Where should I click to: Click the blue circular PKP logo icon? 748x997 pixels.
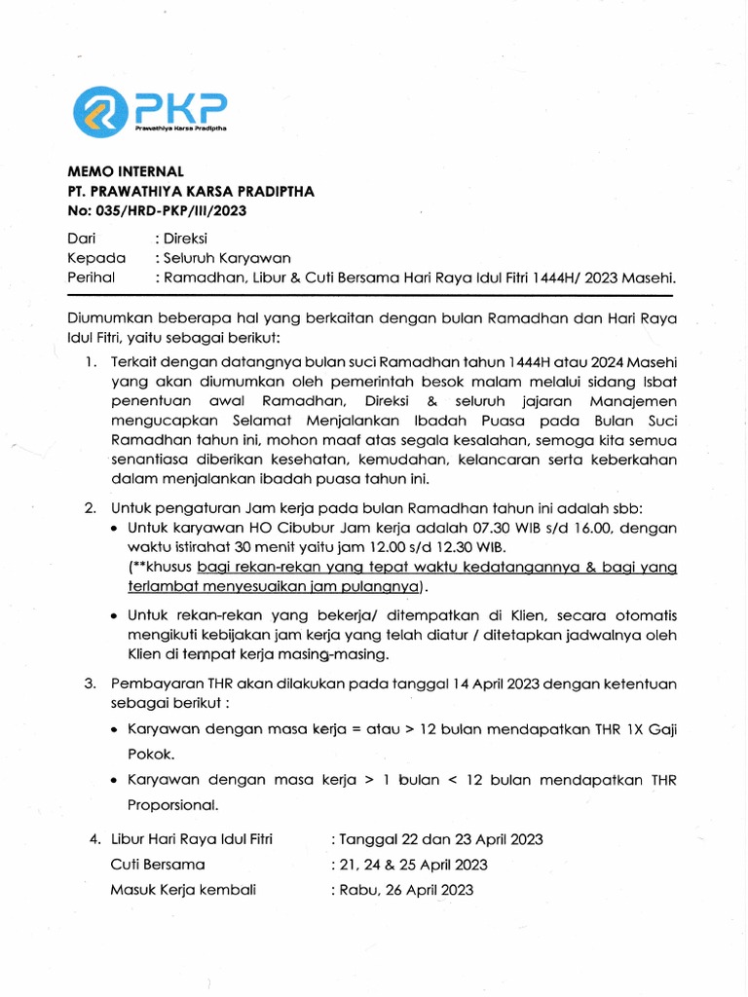pyautogui.click(x=98, y=111)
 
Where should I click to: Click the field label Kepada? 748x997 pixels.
pyautogui.click(x=96, y=257)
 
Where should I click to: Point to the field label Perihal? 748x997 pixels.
pyautogui.click(x=91, y=277)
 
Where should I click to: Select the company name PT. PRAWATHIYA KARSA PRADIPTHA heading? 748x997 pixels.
pyautogui.click(x=191, y=192)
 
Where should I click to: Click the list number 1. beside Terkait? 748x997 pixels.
pyautogui.click(x=89, y=362)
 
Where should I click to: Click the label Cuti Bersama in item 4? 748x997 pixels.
pyautogui.click(x=158, y=864)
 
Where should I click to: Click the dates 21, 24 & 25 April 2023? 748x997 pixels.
pyautogui.click(x=414, y=864)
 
